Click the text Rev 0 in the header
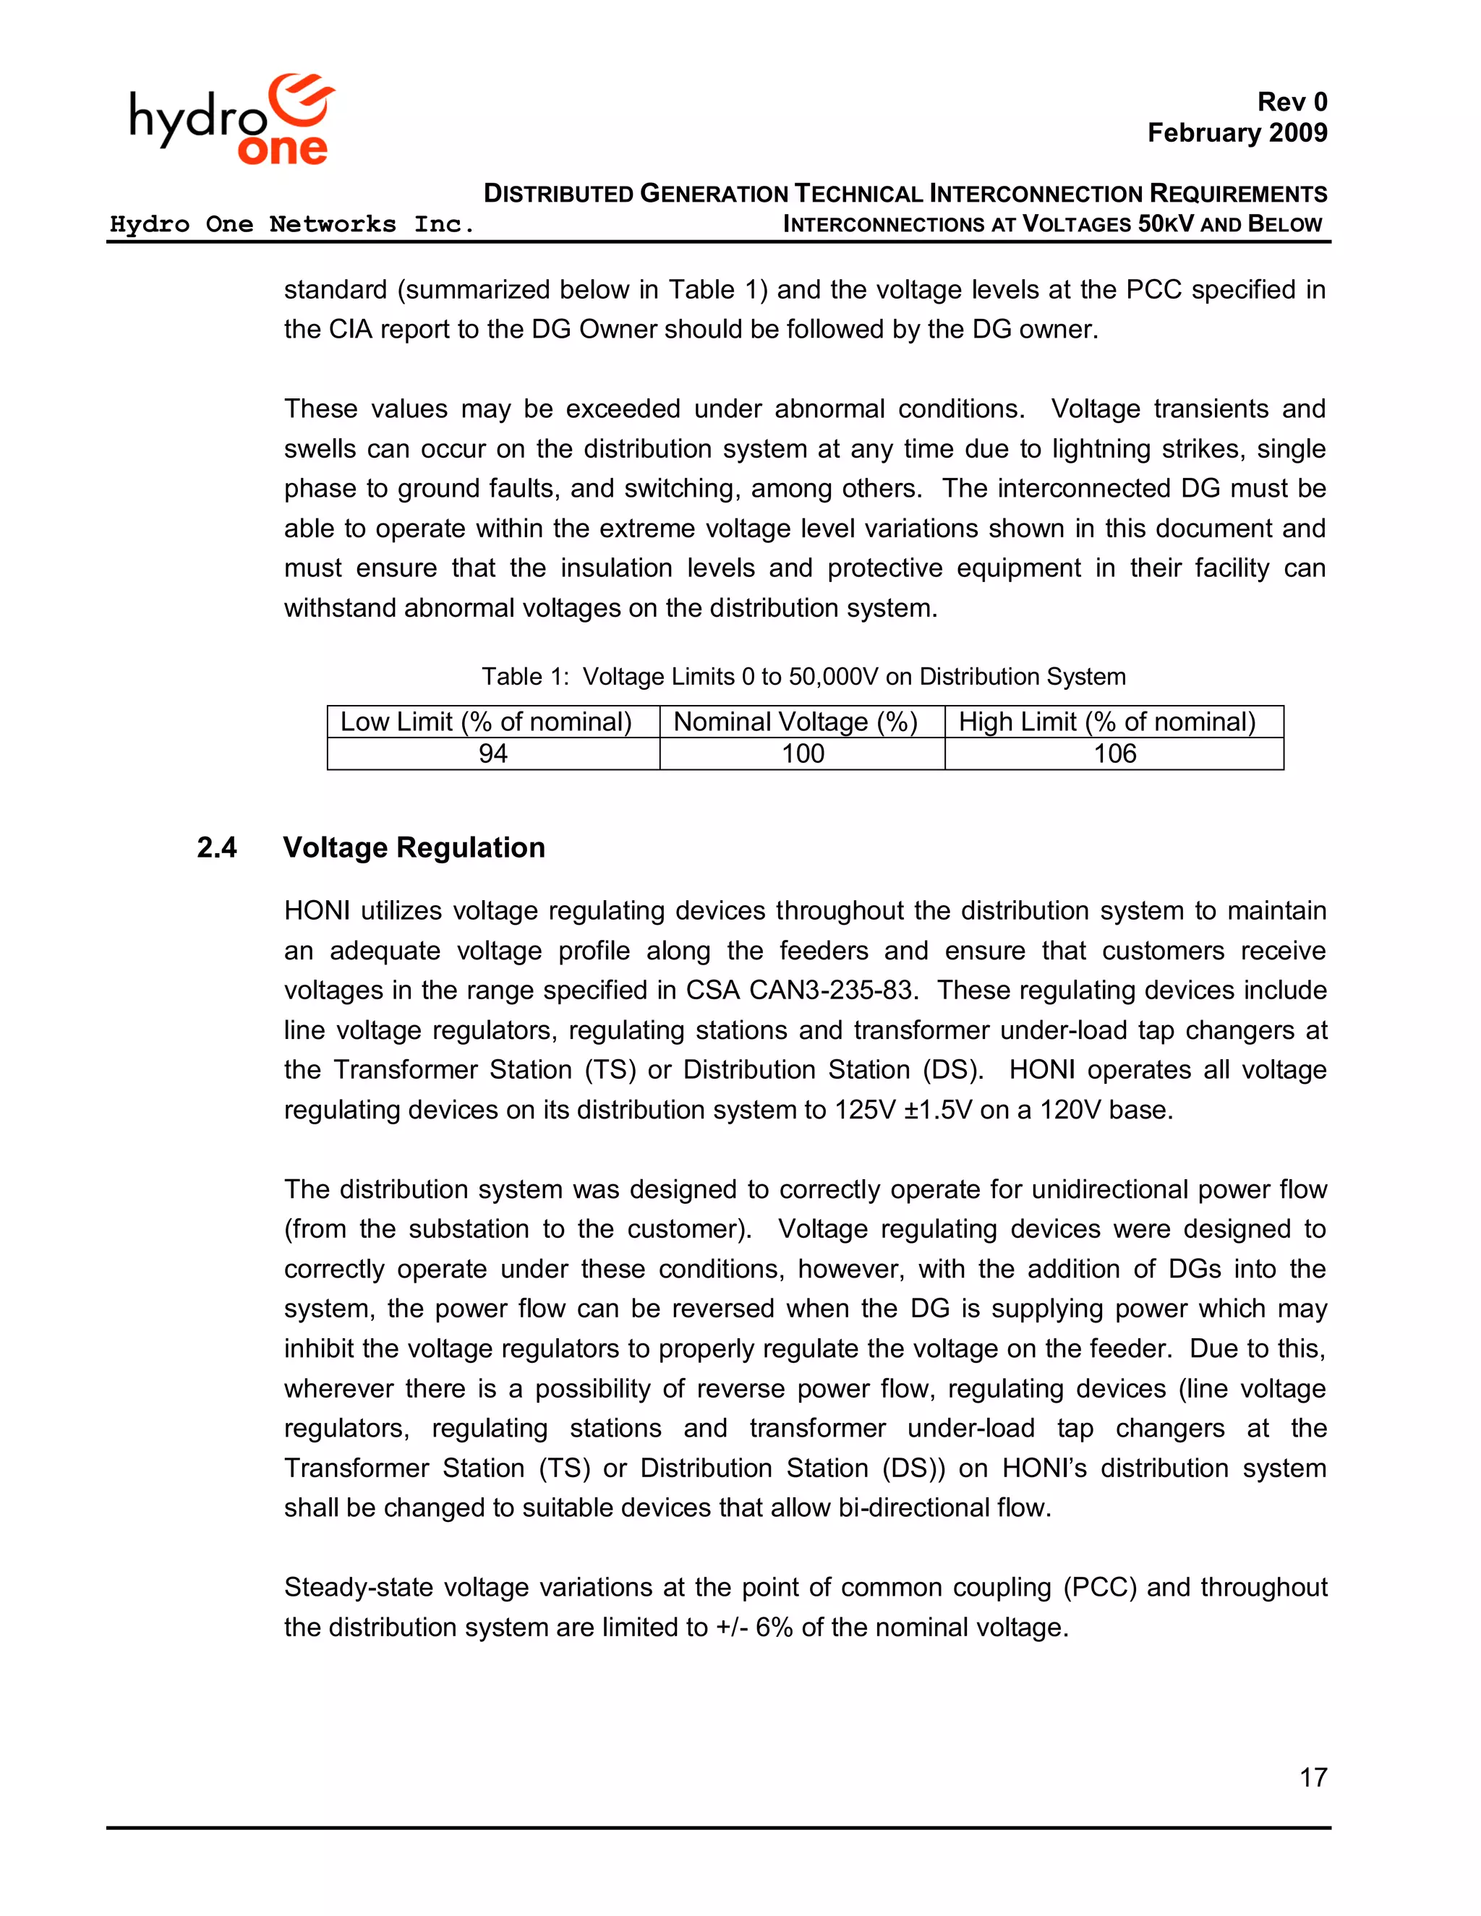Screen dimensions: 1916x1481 (1292, 102)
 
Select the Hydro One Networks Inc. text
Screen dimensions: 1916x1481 (291, 225)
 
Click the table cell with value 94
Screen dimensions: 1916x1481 (492, 753)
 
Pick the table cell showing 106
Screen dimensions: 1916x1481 (1114, 753)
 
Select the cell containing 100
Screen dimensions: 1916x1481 (802, 753)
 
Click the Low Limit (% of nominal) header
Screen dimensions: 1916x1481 (485, 722)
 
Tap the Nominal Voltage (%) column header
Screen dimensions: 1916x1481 (795, 722)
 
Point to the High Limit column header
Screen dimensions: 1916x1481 (1106, 722)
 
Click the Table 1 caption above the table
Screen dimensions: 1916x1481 (803, 677)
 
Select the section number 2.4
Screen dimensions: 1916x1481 (217, 847)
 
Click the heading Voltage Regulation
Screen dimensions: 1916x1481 (414, 847)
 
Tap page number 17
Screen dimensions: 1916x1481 (1313, 1777)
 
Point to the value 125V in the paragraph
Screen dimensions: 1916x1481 (865, 1110)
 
